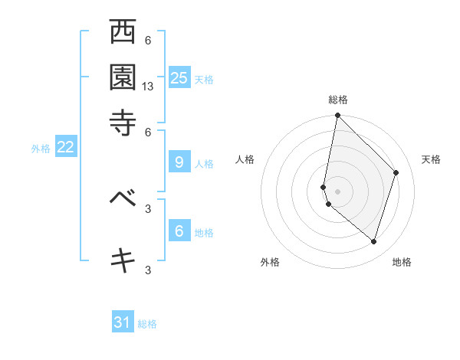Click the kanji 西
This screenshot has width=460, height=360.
pos(123,33)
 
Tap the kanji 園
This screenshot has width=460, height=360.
pos(123,77)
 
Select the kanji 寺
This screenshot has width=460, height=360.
pos(123,122)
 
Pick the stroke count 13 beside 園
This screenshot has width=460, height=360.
pos(148,87)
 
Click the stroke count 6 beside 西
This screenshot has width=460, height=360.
pos(148,41)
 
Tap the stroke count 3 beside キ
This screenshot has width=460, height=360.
pos(148,270)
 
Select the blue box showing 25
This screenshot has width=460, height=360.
pos(179,77)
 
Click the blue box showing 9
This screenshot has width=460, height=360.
pos(179,162)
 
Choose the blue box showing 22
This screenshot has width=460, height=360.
pos(65,148)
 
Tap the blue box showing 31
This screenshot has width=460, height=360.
pos(123,322)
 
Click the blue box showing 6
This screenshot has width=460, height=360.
pos(179,231)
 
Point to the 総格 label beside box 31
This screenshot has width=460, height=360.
pos(147,324)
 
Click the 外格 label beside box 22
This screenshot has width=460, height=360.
pos(41,149)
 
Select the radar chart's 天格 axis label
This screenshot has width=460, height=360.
pos(431,159)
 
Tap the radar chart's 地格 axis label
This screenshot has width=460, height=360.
pos(402,262)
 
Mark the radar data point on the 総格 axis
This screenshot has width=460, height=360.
pos(337,116)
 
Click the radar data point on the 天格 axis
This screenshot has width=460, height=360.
pos(396,172)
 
